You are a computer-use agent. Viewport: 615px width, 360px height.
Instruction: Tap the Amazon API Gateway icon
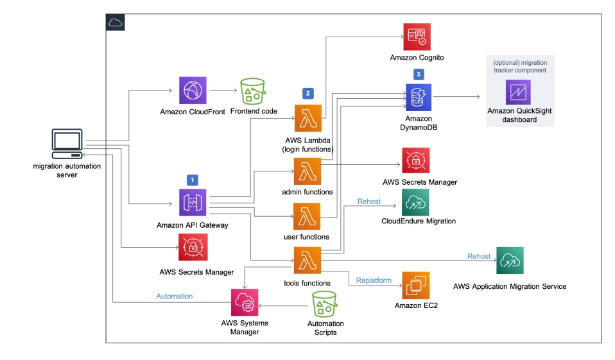(193, 202)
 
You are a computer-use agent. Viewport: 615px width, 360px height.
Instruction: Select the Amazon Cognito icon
(417, 37)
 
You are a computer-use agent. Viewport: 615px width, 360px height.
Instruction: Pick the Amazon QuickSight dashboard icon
(519, 92)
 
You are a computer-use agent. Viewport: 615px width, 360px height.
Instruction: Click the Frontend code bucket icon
(253, 92)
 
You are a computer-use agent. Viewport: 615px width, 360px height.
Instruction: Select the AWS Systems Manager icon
(244, 301)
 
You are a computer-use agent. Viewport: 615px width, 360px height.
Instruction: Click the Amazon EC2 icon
(417, 285)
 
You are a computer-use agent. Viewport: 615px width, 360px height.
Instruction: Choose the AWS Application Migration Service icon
(510, 261)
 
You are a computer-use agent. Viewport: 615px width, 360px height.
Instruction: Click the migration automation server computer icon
(67, 145)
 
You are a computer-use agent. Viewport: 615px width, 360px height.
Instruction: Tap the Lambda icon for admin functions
(307, 172)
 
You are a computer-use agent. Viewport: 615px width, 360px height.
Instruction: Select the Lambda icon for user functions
(307, 216)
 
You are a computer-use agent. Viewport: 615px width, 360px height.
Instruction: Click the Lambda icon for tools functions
(307, 261)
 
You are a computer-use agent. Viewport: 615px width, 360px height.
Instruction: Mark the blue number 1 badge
(191, 180)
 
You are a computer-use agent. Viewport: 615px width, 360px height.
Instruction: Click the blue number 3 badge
(419, 74)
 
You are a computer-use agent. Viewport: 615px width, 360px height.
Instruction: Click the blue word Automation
(174, 296)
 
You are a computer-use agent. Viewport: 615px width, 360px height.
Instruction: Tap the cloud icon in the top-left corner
(115, 22)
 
